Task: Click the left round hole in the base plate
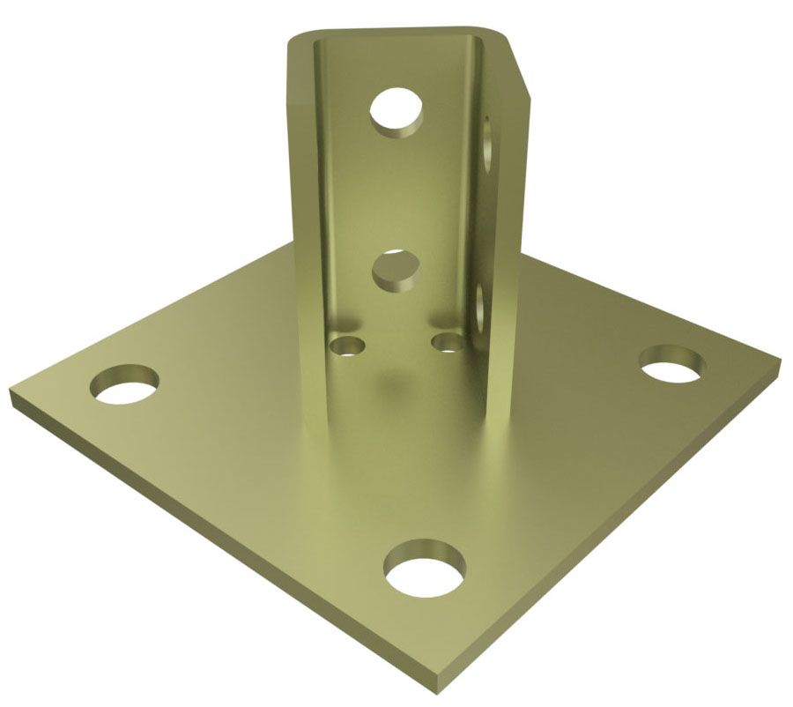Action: click(x=125, y=386)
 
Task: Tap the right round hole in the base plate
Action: click(x=671, y=365)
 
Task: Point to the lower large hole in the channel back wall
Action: click(x=395, y=269)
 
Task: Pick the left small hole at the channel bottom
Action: click(x=347, y=344)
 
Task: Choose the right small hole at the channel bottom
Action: click(x=448, y=340)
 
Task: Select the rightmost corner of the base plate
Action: click(x=779, y=361)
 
